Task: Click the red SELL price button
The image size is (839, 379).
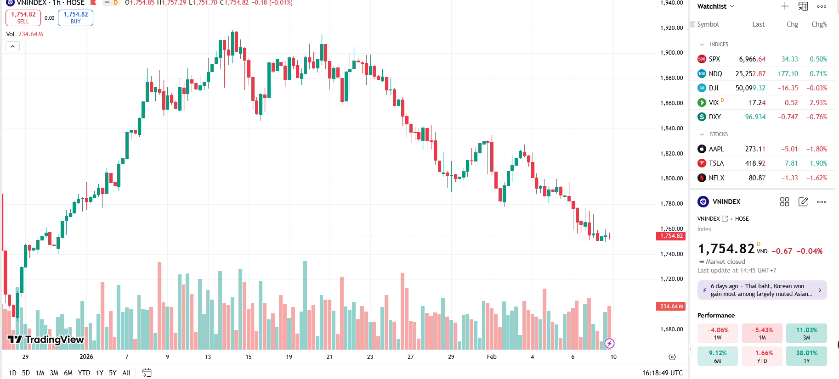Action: pos(23,17)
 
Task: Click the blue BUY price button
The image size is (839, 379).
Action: pos(75,17)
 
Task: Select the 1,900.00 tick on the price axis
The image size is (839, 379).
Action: pos(671,53)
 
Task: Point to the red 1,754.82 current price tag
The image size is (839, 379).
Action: pos(671,236)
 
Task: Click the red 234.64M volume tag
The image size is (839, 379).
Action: pos(671,306)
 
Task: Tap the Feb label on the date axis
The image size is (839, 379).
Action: pos(492,357)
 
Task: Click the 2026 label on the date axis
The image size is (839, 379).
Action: pos(86,357)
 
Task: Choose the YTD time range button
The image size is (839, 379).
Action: pos(84,373)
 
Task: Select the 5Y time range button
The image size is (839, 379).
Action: pos(113,373)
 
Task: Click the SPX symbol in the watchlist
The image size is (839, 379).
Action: pos(714,59)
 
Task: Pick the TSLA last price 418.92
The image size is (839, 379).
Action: pos(755,163)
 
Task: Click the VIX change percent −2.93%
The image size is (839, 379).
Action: pos(816,103)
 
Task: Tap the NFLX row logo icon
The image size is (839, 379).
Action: pos(702,178)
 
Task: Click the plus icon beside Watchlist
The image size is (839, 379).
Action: pos(785,6)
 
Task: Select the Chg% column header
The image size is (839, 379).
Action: pos(819,24)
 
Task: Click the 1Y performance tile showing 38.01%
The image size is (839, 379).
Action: pos(806,356)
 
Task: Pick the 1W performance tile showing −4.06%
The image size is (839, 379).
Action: pos(717,333)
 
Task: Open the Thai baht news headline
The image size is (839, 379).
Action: pos(762,290)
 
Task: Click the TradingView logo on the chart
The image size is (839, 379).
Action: pos(46,340)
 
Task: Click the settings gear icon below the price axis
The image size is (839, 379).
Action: pos(672,357)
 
